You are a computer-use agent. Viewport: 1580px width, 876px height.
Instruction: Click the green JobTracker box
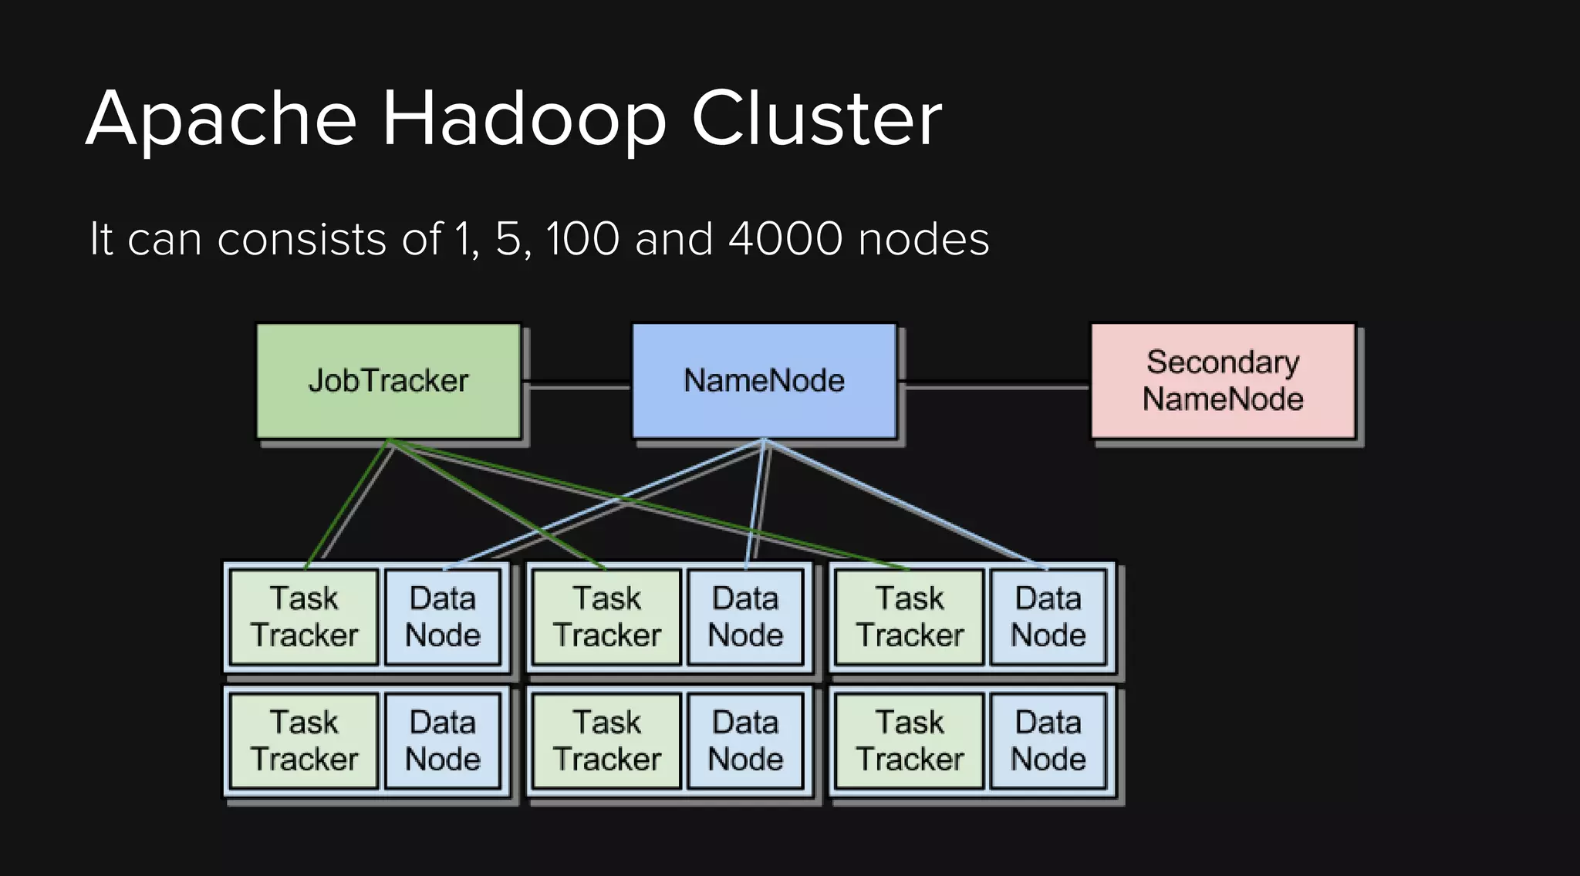coord(388,381)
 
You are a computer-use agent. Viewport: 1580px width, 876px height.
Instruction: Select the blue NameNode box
coord(764,381)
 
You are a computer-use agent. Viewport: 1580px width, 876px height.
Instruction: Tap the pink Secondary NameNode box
coord(1222,381)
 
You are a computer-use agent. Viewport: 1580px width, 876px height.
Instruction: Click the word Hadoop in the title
coord(525,119)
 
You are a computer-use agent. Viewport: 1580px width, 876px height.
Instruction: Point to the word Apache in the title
coord(221,119)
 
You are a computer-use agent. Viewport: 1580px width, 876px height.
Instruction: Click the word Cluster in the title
coord(816,119)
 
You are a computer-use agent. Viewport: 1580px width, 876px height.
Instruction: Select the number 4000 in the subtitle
coord(785,239)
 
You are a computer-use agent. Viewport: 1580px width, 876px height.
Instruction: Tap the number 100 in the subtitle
coord(582,239)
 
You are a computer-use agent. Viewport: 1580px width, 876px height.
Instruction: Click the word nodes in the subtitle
coord(923,239)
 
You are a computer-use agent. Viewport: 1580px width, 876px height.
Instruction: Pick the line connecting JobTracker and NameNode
coord(577,383)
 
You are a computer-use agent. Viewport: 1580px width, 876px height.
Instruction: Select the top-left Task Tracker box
coord(305,617)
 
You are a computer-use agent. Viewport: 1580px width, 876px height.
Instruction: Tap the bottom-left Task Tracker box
coord(305,741)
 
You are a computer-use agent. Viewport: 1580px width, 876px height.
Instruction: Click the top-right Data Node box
coord(1048,617)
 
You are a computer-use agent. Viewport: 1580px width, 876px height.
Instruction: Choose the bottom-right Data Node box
coord(1048,741)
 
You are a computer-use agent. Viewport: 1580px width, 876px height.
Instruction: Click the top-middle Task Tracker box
coord(607,617)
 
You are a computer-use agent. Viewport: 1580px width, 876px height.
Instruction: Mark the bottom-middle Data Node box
coord(745,741)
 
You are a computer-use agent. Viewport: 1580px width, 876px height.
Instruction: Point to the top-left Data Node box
coord(443,617)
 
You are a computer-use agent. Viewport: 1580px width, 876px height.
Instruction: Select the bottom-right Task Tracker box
coord(910,741)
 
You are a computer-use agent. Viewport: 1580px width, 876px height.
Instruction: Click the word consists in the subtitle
coord(302,239)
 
